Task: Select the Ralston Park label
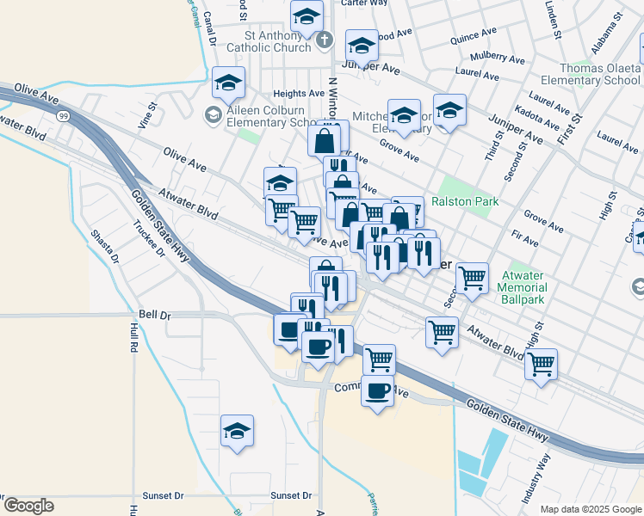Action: pyautogui.click(x=465, y=202)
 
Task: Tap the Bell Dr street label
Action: pyautogui.click(x=154, y=316)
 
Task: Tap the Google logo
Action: pyautogui.click(x=28, y=506)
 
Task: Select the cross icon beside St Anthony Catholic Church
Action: pyautogui.click(x=325, y=40)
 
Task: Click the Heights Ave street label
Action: pyautogui.click(x=298, y=93)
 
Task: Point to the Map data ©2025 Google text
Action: pyautogui.click(x=591, y=509)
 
